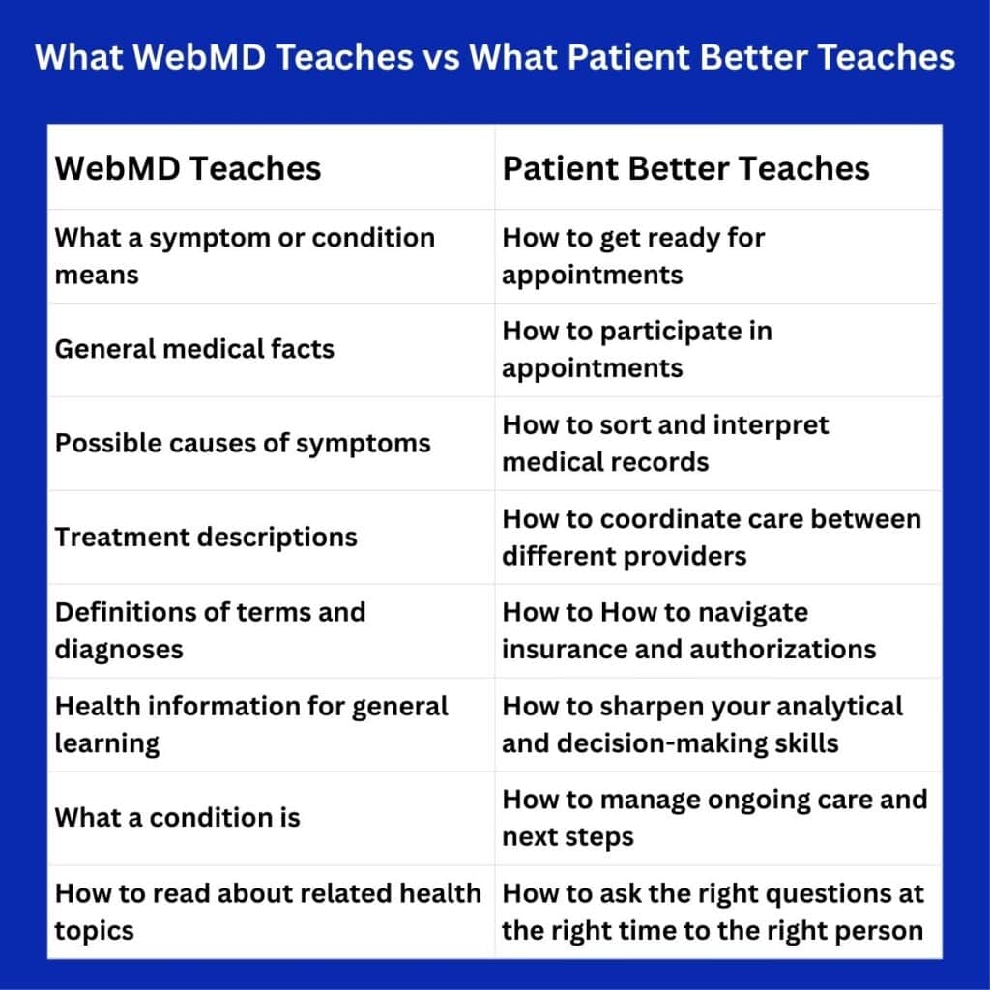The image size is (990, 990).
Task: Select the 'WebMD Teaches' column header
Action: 188,168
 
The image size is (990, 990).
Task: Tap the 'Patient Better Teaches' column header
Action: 685,168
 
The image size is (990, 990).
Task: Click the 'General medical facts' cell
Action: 194,349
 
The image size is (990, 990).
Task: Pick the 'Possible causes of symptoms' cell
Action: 243,443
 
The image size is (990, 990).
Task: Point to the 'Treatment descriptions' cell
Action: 206,537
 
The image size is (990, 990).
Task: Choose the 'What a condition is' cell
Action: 177,817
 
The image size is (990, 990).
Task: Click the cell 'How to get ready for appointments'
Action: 633,256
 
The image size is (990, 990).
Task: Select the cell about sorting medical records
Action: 665,443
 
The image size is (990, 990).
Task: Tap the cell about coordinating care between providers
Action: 712,537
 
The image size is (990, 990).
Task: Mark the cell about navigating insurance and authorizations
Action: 688,630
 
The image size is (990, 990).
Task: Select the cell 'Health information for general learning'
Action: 251,724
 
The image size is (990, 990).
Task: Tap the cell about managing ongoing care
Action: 713,817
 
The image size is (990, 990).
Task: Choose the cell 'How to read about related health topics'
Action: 267,911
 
